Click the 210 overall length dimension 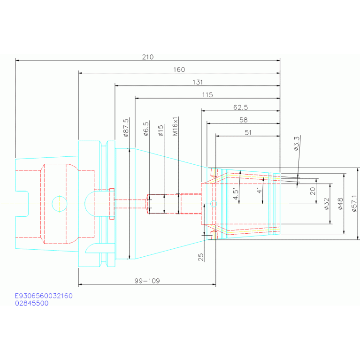tap(148, 57)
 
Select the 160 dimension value tap(179, 69)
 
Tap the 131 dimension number tap(198, 82)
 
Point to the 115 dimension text tap(207, 95)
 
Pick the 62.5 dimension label tap(241, 107)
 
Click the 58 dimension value tap(244, 120)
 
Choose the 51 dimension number tap(248, 132)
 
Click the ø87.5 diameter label tap(126, 128)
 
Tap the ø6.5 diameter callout tap(146, 129)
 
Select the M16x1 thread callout tap(175, 126)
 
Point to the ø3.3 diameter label tap(297, 144)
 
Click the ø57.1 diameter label tap(354, 203)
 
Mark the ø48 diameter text tap(340, 204)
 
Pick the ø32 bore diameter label tap(327, 204)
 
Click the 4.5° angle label tap(235, 194)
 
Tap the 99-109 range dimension tap(147, 281)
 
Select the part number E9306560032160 tap(44, 296)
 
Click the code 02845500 tap(32, 303)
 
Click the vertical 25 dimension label tap(201, 257)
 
